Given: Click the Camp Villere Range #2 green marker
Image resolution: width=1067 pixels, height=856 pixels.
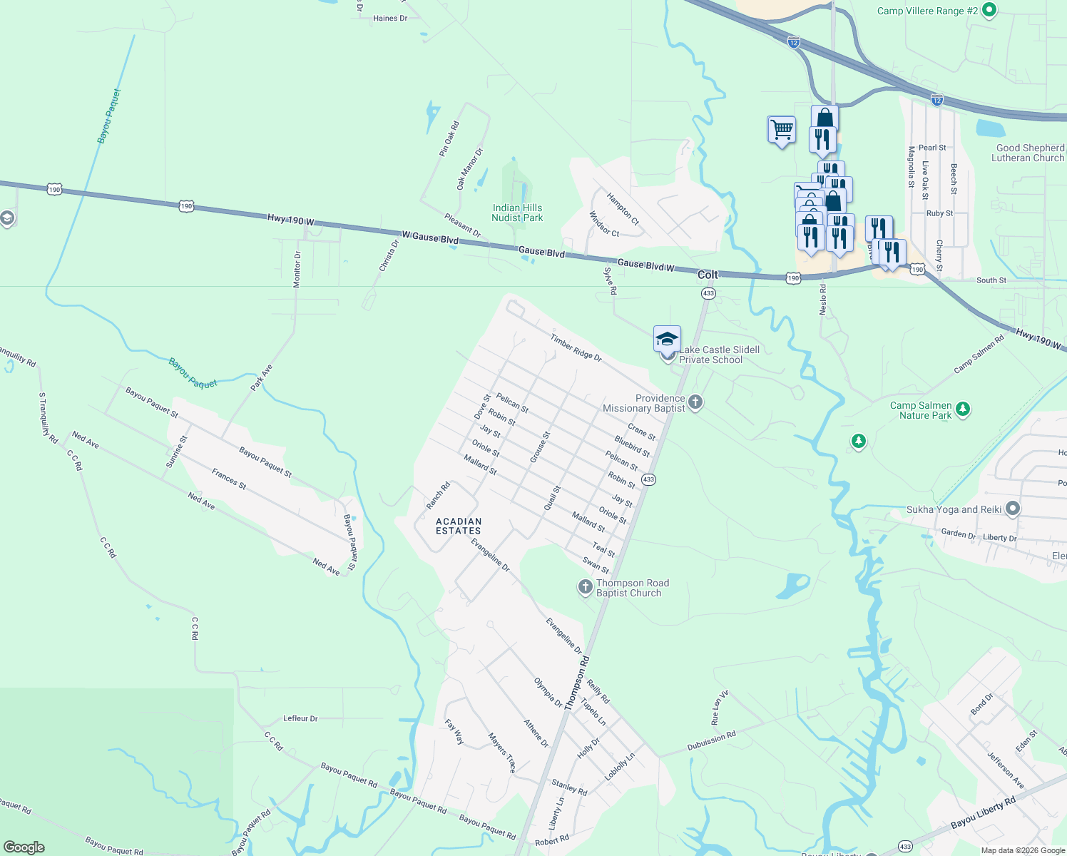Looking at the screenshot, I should click(989, 10).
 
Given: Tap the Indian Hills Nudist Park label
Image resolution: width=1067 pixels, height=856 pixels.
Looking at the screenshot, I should click(517, 213).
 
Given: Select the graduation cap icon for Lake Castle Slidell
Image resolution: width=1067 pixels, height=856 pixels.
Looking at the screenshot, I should click(667, 339).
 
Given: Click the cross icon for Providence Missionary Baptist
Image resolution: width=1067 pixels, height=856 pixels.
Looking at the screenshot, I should click(695, 403).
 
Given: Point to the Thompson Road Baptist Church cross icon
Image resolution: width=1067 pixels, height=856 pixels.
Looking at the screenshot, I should click(585, 587).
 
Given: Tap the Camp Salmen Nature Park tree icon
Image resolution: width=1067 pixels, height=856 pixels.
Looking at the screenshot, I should click(963, 409).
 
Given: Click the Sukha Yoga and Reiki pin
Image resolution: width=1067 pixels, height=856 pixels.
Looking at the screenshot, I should click(1013, 509).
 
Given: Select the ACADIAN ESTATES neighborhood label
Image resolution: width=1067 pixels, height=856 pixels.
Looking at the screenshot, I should click(459, 526).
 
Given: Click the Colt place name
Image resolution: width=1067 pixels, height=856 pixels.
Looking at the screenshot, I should click(708, 275).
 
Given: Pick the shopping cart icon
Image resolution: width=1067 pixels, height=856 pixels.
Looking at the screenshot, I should click(782, 130).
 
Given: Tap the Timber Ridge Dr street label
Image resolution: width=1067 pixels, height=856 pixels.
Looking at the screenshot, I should click(576, 347).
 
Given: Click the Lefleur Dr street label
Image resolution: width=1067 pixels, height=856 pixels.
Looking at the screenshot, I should click(300, 718).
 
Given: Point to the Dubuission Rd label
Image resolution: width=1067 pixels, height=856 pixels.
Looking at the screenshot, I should click(711, 740).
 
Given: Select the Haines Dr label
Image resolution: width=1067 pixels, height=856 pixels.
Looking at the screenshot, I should click(390, 19).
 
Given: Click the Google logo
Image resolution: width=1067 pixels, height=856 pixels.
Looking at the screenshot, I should click(24, 847).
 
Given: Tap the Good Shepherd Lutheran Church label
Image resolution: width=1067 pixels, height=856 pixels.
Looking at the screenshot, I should click(1029, 153).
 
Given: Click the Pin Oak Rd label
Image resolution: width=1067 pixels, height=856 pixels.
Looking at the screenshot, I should click(449, 138).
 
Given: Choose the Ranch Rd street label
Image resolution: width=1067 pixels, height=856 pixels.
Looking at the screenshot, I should click(438, 496).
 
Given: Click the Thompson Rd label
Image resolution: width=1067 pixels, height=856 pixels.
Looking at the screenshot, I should click(577, 682).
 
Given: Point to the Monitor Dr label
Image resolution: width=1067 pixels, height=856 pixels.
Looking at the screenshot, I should click(297, 269).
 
